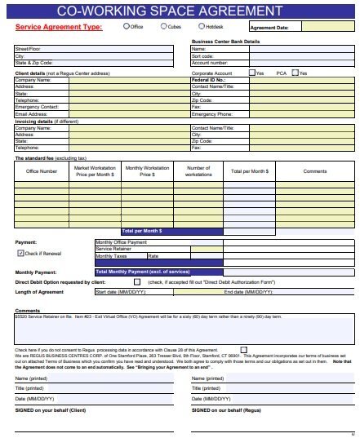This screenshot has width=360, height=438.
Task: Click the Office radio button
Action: pyautogui.click(x=126, y=27)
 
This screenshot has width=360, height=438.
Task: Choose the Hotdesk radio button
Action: pyautogui.click(x=200, y=27)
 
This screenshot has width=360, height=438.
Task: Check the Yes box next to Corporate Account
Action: pyautogui.click(x=252, y=73)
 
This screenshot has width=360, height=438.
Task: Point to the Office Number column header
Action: pyautogui.click(x=42, y=171)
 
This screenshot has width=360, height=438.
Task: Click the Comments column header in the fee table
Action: pyautogui.click(x=314, y=171)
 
